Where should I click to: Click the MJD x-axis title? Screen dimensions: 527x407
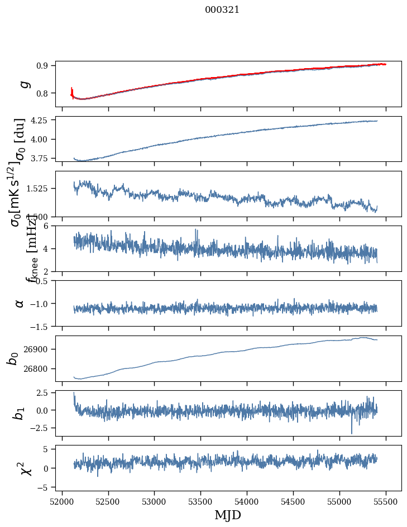tap(228, 515)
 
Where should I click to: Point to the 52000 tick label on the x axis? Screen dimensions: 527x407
tap(62, 501)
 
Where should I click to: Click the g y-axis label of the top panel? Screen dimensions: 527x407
tap(23, 84)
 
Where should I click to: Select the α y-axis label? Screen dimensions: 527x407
tap(20, 303)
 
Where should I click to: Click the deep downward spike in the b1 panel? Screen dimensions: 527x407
tap(352, 432)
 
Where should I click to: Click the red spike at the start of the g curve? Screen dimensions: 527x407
tap(72, 90)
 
